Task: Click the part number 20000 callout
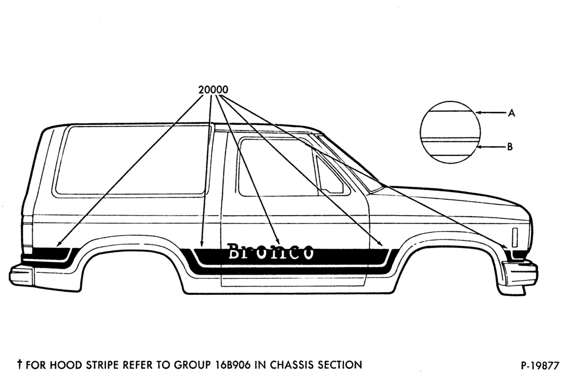click(x=213, y=89)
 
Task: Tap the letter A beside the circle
click(x=512, y=113)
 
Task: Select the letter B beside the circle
click(x=510, y=147)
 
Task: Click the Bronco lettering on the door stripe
click(x=271, y=252)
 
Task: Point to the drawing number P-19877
click(x=540, y=365)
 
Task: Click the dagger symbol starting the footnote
click(x=20, y=365)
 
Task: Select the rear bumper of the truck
click(x=21, y=274)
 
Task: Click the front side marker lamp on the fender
click(x=515, y=238)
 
